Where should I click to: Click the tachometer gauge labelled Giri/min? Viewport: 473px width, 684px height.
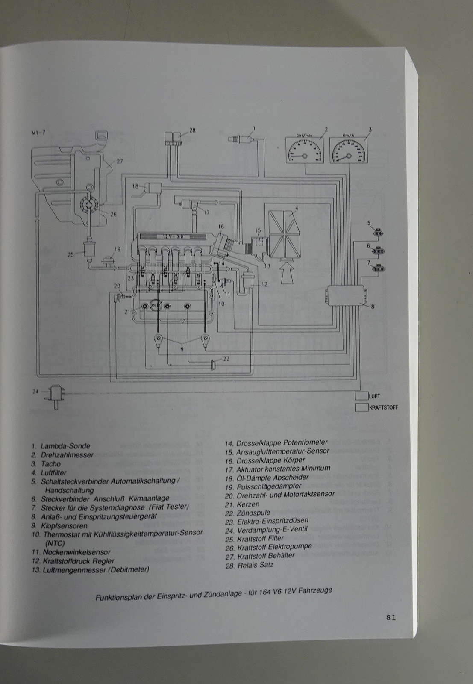[x=304, y=149]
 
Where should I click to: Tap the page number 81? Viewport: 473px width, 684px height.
[x=390, y=617]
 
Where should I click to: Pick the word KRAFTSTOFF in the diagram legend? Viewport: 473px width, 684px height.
[x=383, y=407]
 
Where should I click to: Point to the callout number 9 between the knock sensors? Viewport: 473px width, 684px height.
[x=182, y=348]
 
